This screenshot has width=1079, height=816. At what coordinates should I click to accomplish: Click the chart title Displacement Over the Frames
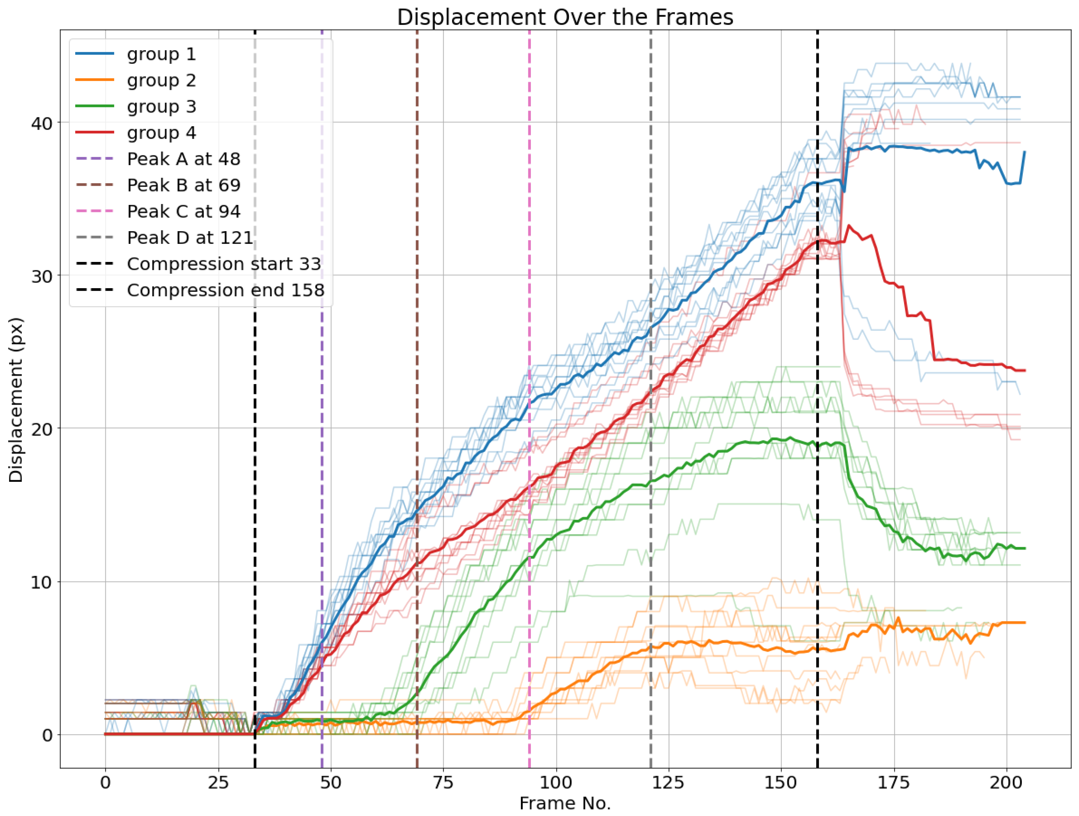[x=565, y=18]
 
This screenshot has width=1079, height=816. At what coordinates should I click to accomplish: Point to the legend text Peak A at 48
[x=183, y=159]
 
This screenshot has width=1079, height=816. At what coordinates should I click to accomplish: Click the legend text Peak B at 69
[x=183, y=185]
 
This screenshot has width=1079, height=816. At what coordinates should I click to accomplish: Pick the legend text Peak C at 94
[x=183, y=212]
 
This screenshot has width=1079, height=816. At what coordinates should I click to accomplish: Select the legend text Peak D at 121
[x=190, y=238]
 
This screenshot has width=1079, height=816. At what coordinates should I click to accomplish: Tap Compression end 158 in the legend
[x=225, y=290]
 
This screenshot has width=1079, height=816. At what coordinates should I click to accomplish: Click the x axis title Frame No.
[x=565, y=803]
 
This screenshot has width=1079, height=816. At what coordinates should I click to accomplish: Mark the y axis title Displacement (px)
[x=16, y=400]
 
